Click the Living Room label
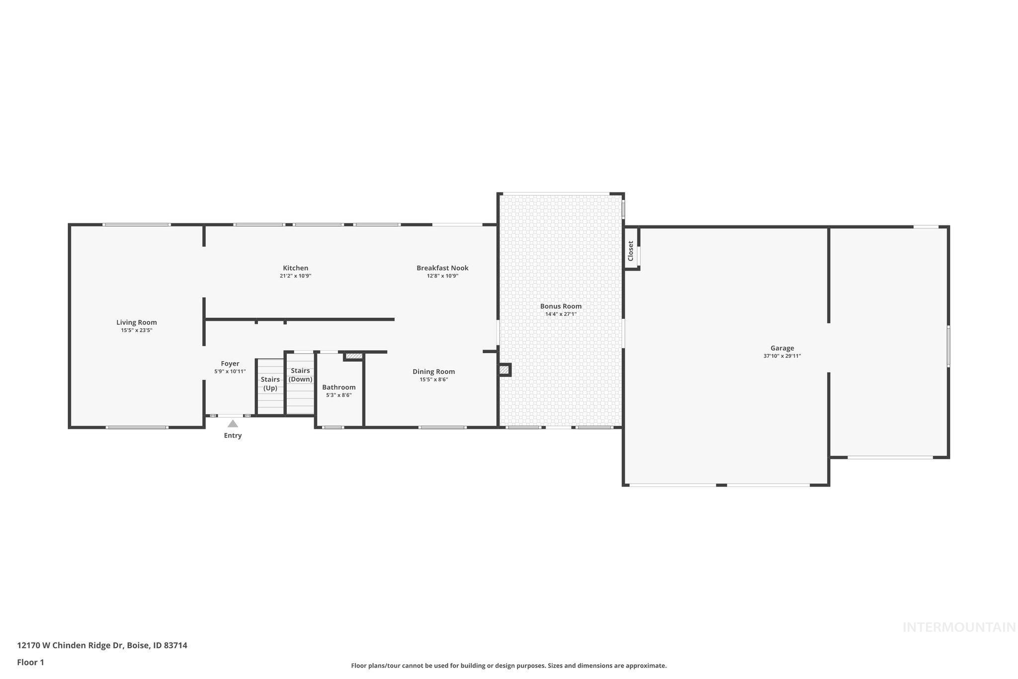[x=137, y=322]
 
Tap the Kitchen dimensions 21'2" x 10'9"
[x=295, y=276]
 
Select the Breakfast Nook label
[x=442, y=268]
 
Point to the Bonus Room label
[x=561, y=306]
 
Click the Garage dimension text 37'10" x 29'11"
[x=782, y=356]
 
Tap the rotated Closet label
[x=631, y=251]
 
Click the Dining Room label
[x=433, y=372]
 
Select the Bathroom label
[x=339, y=387]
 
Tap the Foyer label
[x=230, y=364]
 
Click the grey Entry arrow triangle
[x=233, y=424]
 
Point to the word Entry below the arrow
[x=233, y=436]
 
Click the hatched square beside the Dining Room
[x=504, y=370]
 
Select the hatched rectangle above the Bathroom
[x=354, y=356]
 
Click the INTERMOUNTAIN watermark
[x=959, y=628]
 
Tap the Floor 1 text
[x=30, y=663]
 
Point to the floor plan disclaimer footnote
[x=509, y=666]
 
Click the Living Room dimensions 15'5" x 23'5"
[x=137, y=330]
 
